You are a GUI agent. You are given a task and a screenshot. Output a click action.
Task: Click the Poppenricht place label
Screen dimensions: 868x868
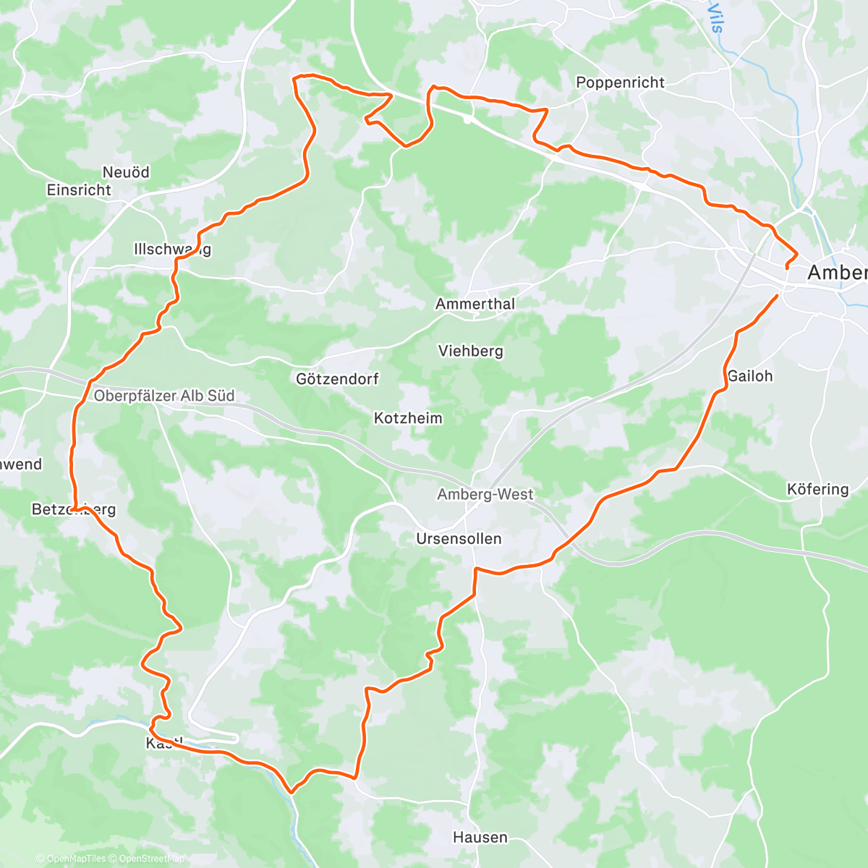[x=620, y=82]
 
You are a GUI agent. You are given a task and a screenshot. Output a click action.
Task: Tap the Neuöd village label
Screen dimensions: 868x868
[x=126, y=172]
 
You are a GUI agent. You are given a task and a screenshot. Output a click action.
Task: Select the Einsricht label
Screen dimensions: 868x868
[x=79, y=190]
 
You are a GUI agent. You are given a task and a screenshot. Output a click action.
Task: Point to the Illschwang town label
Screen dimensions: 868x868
[x=172, y=250]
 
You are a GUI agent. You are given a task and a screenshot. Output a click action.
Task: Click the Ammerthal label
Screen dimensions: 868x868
[x=475, y=304]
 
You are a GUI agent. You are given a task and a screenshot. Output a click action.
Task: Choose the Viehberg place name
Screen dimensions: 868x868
[x=470, y=351]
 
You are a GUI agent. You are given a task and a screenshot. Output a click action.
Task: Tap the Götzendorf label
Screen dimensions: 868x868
[x=337, y=379]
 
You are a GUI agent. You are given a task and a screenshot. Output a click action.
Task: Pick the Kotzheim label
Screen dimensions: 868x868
[x=408, y=418]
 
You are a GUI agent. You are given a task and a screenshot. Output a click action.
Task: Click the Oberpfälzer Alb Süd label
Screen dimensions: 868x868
[x=164, y=396]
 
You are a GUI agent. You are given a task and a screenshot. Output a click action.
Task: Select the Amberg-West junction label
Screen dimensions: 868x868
[x=485, y=495]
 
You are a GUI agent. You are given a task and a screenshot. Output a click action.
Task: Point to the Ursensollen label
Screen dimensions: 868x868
[x=459, y=539]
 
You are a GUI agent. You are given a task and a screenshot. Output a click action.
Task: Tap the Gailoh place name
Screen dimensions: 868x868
[x=750, y=376]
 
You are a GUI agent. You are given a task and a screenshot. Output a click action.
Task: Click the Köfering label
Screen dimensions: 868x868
[x=817, y=490]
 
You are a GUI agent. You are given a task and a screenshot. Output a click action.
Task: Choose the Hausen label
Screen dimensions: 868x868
[x=480, y=838]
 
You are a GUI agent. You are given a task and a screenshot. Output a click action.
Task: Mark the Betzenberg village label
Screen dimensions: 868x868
[x=73, y=510]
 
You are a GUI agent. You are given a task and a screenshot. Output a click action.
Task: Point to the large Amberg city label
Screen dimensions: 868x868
[x=837, y=273]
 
